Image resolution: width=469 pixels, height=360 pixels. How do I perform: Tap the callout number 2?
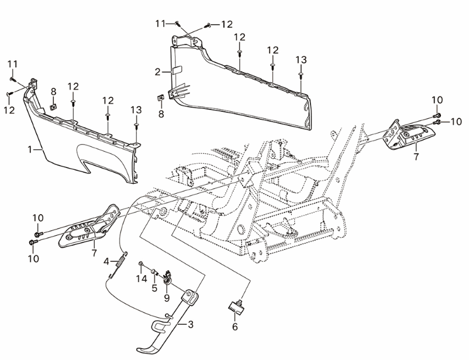pyautogui.click(x=157, y=72)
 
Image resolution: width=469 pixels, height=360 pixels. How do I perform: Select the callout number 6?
pyautogui.click(x=236, y=327)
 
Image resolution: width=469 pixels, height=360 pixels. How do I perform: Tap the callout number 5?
pyautogui.click(x=154, y=288)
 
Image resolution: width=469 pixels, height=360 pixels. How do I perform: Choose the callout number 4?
pyautogui.click(x=107, y=260)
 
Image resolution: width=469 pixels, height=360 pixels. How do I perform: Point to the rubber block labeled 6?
pyautogui.click(x=236, y=304)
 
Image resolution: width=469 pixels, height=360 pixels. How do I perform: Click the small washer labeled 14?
pyautogui.click(x=141, y=265)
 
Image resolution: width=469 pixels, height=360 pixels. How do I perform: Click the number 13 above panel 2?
pyautogui.click(x=301, y=60)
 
